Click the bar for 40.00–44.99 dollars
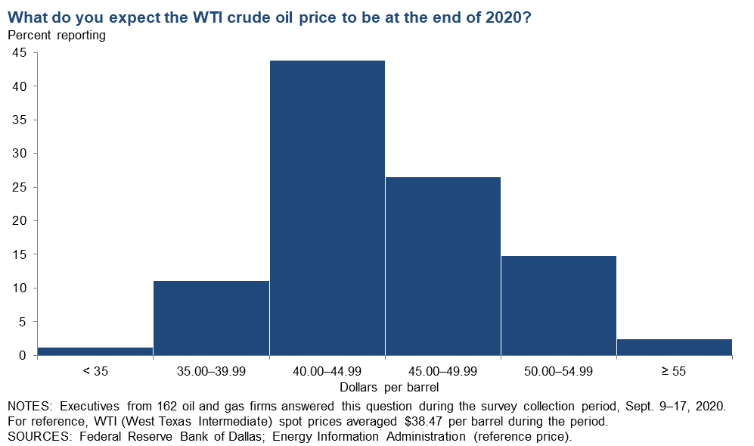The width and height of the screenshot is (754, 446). click(x=327, y=208)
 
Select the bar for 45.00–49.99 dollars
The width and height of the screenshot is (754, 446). click(x=443, y=267)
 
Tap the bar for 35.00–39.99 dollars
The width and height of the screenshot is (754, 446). click(x=211, y=318)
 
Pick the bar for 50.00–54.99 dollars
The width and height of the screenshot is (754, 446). click(x=559, y=306)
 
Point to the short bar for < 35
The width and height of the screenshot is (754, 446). click(x=95, y=351)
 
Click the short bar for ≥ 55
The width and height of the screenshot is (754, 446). click(x=674, y=348)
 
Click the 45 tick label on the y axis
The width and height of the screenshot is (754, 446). click(x=19, y=52)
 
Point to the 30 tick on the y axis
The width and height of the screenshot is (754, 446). click(x=19, y=153)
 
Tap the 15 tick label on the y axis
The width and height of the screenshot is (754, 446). click(x=19, y=254)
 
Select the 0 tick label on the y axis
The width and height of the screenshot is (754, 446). click(x=23, y=355)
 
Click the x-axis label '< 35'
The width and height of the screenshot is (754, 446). click(x=95, y=371)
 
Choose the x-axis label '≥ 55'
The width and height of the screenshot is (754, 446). click(x=674, y=371)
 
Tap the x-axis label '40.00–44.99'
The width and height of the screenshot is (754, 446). click(x=327, y=371)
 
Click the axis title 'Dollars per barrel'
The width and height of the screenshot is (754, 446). click(x=389, y=387)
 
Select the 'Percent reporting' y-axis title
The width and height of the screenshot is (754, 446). click(x=57, y=35)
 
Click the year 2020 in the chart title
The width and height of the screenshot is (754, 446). click(x=507, y=17)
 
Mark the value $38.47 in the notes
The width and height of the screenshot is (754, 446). click(x=424, y=422)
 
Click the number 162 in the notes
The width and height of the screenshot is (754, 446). click(x=167, y=406)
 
